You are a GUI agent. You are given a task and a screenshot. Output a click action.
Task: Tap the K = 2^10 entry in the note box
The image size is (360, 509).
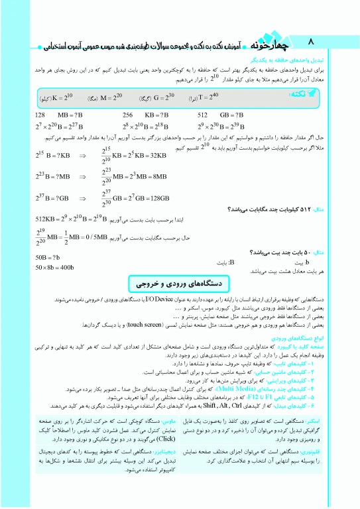click(58, 97)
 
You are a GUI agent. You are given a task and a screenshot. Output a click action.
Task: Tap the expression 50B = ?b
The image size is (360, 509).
click(48, 256)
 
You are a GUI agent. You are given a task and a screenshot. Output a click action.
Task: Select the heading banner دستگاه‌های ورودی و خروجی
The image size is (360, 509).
click(180, 282)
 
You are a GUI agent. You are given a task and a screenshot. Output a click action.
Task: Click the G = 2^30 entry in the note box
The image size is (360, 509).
click(155, 97)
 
